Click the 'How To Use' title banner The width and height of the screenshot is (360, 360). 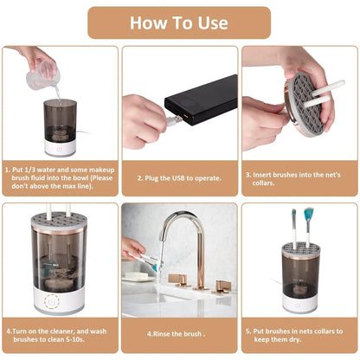point(179,22)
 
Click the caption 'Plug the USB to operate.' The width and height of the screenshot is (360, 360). point(179,178)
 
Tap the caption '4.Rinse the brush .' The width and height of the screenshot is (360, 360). point(179,333)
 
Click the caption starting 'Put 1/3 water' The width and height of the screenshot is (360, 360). point(61,177)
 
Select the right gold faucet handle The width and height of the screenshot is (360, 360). point(223,285)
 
